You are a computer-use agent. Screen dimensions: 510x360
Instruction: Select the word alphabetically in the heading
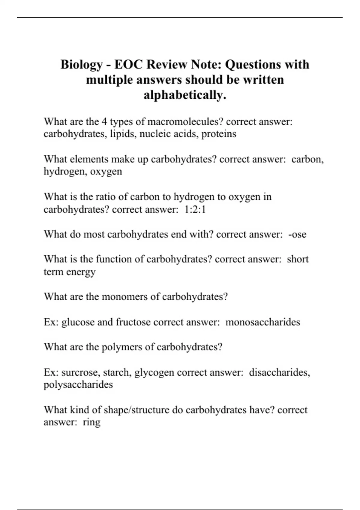pos(185,95)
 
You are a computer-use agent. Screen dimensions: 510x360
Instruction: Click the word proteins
pos(219,134)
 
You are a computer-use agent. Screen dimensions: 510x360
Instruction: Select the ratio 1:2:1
pos(195,209)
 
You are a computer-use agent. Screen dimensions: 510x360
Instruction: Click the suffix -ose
pos(297,234)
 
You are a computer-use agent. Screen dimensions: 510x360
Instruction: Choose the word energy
pos(81,272)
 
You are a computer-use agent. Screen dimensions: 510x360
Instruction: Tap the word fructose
pos(133,322)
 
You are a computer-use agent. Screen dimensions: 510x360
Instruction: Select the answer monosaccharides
pos(262,322)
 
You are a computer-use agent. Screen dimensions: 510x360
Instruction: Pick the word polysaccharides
pos(78,385)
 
